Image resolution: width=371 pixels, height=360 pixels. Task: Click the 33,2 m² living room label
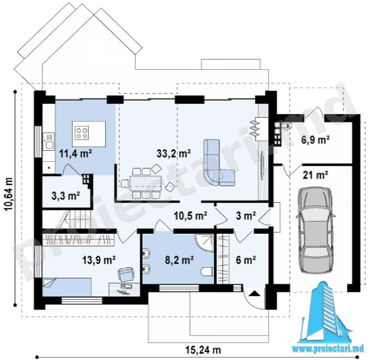(174, 154)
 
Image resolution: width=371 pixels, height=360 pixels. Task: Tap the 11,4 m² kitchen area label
(75, 154)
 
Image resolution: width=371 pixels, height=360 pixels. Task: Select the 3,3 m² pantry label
(66, 196)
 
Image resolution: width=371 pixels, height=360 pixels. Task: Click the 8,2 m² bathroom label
(179, 260)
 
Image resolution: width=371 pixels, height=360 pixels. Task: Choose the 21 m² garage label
(316, 175)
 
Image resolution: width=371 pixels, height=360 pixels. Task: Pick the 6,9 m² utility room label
(316, 140)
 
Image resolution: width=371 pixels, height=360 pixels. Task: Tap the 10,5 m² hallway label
(191, 215)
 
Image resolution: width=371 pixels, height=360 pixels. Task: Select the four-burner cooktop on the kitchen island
(82, 133)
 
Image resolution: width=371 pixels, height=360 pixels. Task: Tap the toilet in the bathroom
(207, 271)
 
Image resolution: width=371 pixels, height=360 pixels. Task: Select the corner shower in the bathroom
(205, 242)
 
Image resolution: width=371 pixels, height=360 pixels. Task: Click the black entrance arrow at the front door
(254, 294)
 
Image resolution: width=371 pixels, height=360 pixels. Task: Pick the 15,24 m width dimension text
(204, 350)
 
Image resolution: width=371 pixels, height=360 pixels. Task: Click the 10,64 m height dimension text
(9, 194)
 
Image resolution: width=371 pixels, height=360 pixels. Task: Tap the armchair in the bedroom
(125, 274)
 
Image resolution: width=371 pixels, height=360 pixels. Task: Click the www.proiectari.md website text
(328, 349)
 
